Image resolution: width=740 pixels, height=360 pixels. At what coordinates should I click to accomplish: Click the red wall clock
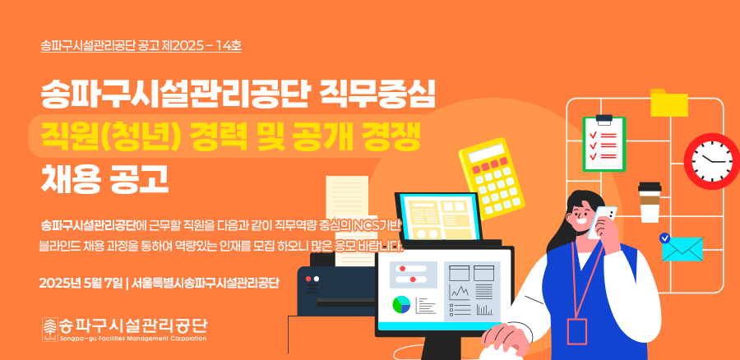(x=712, y=161)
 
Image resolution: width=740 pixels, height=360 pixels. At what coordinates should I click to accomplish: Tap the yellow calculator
(x=492, y=178)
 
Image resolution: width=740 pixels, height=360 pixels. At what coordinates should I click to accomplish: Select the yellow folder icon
(x=668, y=103)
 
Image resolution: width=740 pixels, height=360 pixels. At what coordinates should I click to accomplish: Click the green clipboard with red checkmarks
(x=604, y=144)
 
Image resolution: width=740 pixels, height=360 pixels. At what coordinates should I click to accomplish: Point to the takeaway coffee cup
(x=650, y=202)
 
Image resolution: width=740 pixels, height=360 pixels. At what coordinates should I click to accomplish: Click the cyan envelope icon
(x=682, y=249)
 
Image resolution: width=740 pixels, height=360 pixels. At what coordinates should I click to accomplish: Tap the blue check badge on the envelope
(x=665, y=238)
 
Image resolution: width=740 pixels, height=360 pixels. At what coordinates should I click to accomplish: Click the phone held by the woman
(x=602, y=222)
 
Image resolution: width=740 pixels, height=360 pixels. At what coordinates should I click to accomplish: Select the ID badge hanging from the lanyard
(x=577, y=331)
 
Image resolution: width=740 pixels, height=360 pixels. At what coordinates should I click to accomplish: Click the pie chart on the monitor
(x=401, y=304)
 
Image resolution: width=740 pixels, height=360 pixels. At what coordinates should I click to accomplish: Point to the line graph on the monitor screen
(x=459, y=293)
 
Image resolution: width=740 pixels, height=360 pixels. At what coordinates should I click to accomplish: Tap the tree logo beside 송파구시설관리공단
(x=49, y=329)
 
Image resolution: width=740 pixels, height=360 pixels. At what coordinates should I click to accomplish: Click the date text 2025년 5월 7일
(x=81, y=283)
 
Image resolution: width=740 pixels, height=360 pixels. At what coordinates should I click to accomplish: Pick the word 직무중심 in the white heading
(x=377, y=95)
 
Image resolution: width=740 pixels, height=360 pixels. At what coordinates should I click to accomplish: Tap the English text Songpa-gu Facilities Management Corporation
(x=132, y=339)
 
